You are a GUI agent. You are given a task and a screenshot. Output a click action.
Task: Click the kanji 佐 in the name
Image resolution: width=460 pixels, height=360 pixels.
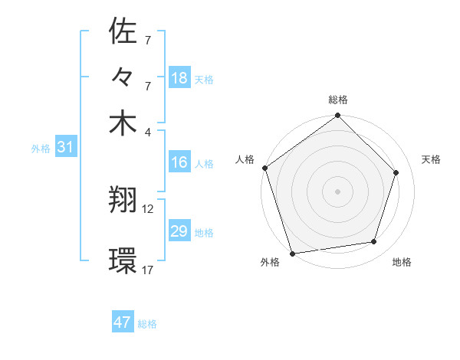[x=123, y=31]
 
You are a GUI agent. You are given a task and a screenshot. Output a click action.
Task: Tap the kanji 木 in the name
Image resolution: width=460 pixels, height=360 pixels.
[x=123, y=123]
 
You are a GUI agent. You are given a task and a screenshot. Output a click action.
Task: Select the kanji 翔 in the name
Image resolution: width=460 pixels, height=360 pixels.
[x=123, y=201]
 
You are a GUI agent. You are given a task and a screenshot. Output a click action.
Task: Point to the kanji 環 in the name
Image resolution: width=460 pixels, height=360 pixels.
[x=123, y=260]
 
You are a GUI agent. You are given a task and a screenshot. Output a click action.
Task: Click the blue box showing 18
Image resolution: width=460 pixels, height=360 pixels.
[x=179, y=78]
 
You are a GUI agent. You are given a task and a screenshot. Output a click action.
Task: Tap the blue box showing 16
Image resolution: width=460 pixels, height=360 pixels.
[x=179, y=162]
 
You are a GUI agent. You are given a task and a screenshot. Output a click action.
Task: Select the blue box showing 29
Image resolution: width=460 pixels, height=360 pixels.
[x=179, y=231]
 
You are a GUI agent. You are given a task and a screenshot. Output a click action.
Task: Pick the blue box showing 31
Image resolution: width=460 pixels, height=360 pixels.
[x=65, y=148]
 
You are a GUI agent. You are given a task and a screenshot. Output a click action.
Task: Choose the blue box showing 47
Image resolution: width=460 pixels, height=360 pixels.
[x=123, y=322]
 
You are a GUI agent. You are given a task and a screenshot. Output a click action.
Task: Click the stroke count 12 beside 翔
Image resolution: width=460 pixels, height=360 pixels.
[x=148, y=208]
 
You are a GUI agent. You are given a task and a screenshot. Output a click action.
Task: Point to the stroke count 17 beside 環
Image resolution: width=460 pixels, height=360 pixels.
[x=148, y=270]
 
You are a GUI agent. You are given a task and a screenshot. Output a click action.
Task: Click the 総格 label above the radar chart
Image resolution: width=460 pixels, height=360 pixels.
[x=338, y=100]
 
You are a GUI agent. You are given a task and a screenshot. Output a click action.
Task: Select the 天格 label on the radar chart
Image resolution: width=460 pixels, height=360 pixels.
[x=432, y=159]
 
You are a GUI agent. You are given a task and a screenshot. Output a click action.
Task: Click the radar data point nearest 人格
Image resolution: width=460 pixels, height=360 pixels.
[x=265, y=168]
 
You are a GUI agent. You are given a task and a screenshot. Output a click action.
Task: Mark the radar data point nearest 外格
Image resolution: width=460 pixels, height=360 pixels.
[x=293, y=253]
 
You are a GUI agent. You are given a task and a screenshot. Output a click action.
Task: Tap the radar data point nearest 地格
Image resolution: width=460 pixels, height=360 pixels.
[x=374, y=242]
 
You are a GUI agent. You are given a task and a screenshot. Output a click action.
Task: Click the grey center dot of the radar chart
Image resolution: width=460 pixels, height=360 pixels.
[x=338, y=191]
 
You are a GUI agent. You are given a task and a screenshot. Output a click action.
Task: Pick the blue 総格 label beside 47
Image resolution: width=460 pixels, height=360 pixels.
[x=148, y=324]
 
